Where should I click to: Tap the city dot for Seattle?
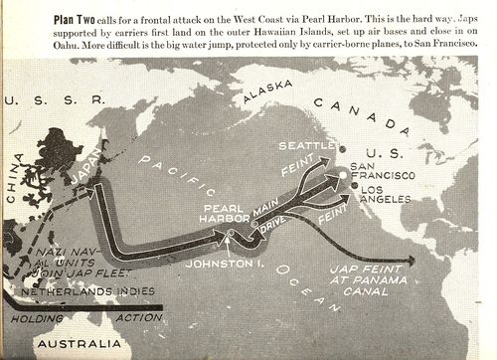pyautogui.click(x=342, y=149)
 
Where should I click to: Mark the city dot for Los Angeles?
pyautogui.click(x=355, y=188)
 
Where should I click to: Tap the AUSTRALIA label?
pyautogui.click(x=79, y=344)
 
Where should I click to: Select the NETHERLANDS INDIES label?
pyautogui.click(x=93, y=290)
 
